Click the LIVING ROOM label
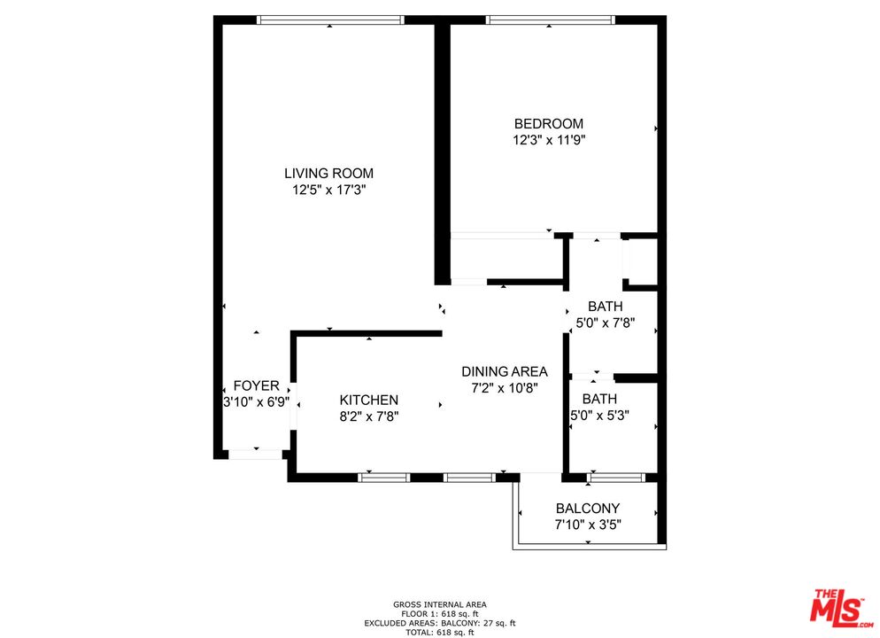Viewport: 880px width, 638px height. [x=328, y=174]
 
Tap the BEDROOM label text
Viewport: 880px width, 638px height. [x=549, y=124]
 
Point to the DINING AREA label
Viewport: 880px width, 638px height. [x=505, y=371]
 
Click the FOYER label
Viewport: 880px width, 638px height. [x=256, y=386]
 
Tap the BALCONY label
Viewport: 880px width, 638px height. [x=587, y=509]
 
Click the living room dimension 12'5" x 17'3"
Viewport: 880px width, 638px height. [x=328, y=190]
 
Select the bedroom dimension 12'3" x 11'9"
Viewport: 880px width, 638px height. [x=549, y=140]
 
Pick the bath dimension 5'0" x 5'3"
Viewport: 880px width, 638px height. [x=599, y=415]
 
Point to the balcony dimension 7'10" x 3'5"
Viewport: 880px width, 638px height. [x=587, y=524]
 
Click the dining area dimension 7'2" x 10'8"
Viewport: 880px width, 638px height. [x=505, y=387]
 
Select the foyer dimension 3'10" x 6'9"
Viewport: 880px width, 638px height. [x=256, y=401]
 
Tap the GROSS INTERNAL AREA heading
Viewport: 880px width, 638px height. [x=439, y=604]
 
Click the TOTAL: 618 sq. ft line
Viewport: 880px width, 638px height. [x=439, y=632]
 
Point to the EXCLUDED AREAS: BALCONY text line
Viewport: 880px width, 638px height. [x=439, y=623]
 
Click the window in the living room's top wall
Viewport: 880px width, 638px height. [x=329, y=19]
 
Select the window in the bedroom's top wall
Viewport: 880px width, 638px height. [x=549, y=19]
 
